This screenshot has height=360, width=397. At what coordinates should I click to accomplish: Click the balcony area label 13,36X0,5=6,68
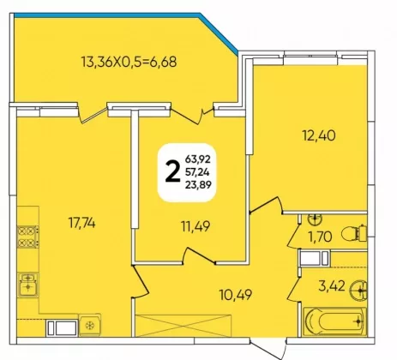(x=129, y=62)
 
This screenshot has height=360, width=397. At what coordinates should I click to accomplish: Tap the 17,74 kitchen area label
(x=81, y=223)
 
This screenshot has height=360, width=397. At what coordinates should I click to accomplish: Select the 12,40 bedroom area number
(x=319, y=135)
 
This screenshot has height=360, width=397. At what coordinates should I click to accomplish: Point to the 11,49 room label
(x=195, y=226)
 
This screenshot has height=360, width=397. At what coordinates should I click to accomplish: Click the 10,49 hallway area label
(x=236, y=295)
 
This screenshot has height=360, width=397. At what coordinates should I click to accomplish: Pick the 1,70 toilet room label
(x=320, y=237)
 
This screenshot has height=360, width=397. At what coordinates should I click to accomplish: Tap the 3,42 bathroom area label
(x=332, y=286)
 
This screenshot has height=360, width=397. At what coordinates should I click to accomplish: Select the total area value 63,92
(x=198, y=159)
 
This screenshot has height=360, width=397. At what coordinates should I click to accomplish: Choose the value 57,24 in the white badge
(x=197, y=172)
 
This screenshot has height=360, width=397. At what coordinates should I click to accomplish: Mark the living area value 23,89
(x=198, y=185)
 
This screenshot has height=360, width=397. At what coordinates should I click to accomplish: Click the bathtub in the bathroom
(x=334, y=321)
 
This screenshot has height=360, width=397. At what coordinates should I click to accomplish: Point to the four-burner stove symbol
(x=28, y=237)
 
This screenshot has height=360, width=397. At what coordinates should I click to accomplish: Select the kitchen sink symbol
(x=27, y=285)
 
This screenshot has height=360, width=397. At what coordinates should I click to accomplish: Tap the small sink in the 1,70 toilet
(x=315, y=219)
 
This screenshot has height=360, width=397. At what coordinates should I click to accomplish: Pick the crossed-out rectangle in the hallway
(x=183, y=326)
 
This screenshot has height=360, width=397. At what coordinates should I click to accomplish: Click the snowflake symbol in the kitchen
(x=90, y=325)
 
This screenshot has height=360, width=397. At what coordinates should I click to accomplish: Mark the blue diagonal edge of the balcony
(x=219, y=33)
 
